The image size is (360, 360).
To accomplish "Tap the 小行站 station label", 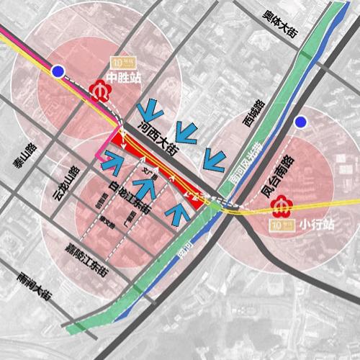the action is [310, 222].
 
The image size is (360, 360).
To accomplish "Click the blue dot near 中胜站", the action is [58, 71].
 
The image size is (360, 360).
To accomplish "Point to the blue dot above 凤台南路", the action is [300, 121].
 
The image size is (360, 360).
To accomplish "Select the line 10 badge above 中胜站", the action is [116, 61].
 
